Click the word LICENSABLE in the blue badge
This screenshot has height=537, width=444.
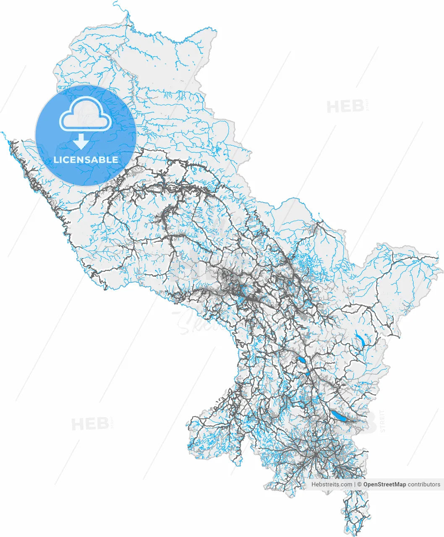coord(86,160)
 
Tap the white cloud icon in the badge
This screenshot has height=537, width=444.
coord(86,114)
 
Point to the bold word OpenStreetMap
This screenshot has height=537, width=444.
coord(384,484)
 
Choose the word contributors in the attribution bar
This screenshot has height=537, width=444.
coord(424,484)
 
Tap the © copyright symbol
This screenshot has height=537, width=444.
coord(360,484)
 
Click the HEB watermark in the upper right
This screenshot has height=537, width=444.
coord(345,107)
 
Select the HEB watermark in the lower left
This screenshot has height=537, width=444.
coord(90,424)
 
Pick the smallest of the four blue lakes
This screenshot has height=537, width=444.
coord(308,374)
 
